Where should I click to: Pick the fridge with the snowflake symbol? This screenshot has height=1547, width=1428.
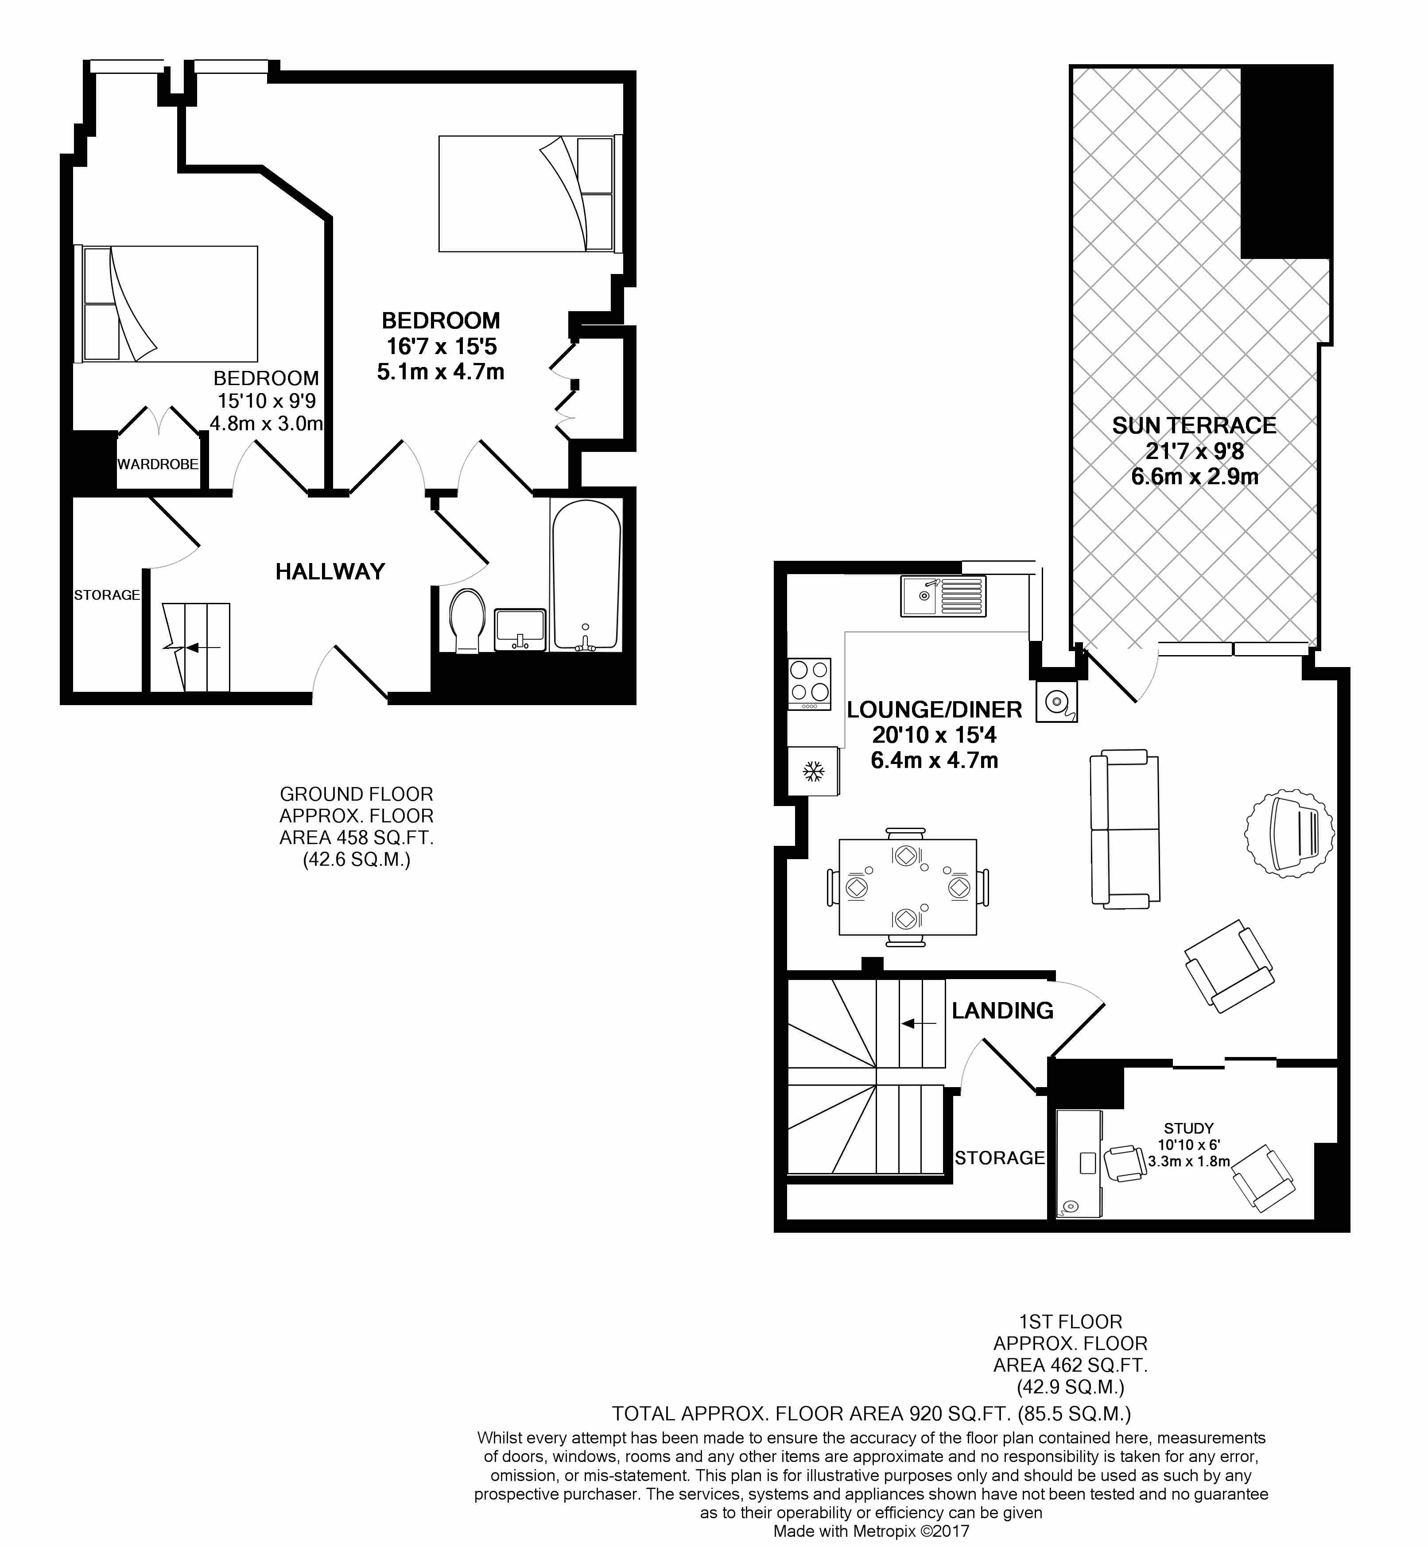(x=813, y=771)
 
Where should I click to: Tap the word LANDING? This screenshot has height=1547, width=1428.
(x=1002, y=1010)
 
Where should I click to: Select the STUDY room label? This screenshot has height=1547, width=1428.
(x=1188, y=1128)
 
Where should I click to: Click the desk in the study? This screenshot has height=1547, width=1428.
(x=1079, y=1164)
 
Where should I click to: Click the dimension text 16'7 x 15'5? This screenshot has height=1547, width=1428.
(x=441, y=346)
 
